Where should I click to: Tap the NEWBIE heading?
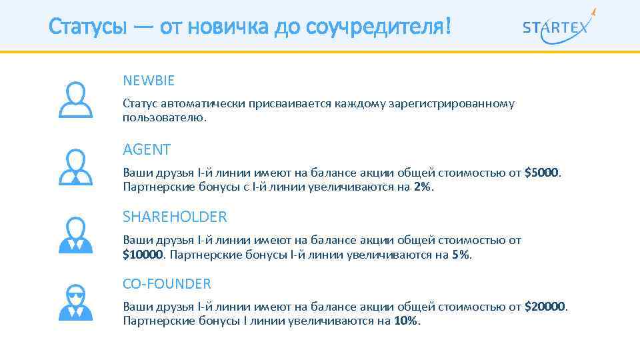tap(149, 81)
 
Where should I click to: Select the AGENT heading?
tap(147, 149)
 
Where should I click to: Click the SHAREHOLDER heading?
tap(175, 217)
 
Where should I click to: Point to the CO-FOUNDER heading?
tap(167, 284)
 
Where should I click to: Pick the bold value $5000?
tap(542, 173)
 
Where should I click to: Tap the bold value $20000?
tap(545, 307)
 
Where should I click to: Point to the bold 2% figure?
tap(422, 187)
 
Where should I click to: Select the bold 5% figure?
tap(460, 254)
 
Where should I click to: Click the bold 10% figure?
tap(407, 321)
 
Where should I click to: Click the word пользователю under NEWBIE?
tap(164, 117)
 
